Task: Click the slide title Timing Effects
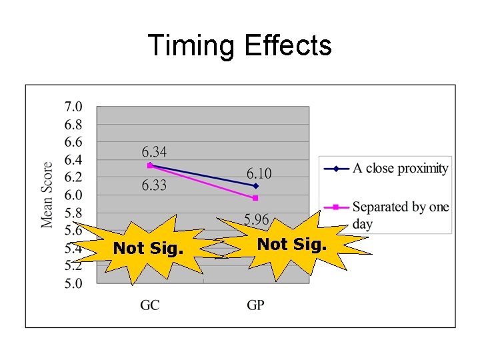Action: click(x=239, y=46)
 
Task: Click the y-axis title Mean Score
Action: click(x=48, y=195)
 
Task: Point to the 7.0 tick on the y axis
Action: click(x=73, y=107)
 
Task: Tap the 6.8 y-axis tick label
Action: click(x=73, y=125)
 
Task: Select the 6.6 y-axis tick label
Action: click(x=73, y=142)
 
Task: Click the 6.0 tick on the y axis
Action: click(x=73, y=195)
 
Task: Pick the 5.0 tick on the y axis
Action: click(x=73, y=283)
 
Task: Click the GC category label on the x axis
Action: click(x=149, y=305)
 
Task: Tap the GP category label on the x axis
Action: click(x=255, y=305)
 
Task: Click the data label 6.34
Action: click(x=154, y=152)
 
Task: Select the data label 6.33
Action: click(x=154, y=185)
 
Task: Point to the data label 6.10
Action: click(x=259, y=173)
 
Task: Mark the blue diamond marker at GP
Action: click(x=256, y=185)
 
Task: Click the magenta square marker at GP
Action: click(x=255, y=198)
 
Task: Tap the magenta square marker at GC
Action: click(x=150, y=165)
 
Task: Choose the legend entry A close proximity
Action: click(x=400, y=169)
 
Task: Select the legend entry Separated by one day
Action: click(x=400, y=215)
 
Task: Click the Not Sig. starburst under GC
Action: click(x=147, y=249)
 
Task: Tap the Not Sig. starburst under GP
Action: click(x=292, y=245)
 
